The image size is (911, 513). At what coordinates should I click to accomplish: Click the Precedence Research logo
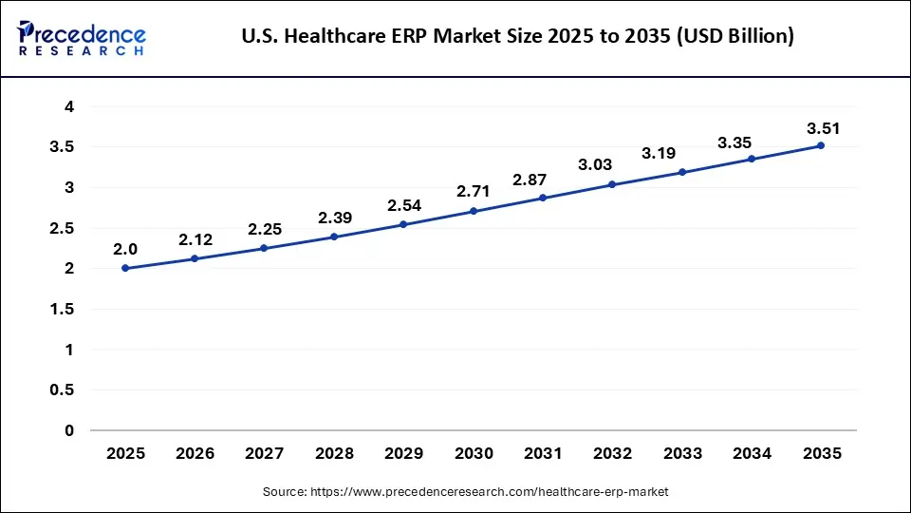click(x=81, y=38)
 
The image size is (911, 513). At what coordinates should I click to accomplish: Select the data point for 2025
click(x=125, y=269)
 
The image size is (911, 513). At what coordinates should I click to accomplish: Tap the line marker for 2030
click(x=473, y=211)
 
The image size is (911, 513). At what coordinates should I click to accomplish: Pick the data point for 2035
click(x=821, y=145)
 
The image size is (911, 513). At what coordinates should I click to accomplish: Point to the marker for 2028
click(x=334, y=237)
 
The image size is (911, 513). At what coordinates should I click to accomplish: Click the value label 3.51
click(x=823, y=128)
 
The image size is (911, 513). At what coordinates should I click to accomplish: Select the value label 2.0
click(x=125, y=249)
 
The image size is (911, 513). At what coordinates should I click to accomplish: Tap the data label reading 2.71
click(x=473, y=192)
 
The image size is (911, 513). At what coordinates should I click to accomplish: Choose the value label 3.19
click(x=659, y=153)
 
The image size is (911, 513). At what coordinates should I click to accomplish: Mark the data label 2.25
click(x=265, y=229)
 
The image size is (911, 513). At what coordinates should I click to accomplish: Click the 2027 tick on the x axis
click(x=265, y=454)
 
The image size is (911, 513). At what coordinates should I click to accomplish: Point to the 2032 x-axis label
click(x=612, y=454)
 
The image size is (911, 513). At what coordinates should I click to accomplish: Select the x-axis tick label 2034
click(x=752, y=454)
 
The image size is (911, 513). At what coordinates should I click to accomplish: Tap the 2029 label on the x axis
click(x=403, y=454)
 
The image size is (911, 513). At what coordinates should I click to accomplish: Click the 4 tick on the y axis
click(x=69, y=107)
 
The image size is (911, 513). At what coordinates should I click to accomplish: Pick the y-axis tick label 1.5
click(x=63, y=310)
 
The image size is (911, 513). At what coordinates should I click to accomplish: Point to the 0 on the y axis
click(x=69, y=430)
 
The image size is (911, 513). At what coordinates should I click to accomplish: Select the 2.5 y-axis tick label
click(x=63, y=229)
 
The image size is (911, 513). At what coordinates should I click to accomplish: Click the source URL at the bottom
click(x=465, y=491)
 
